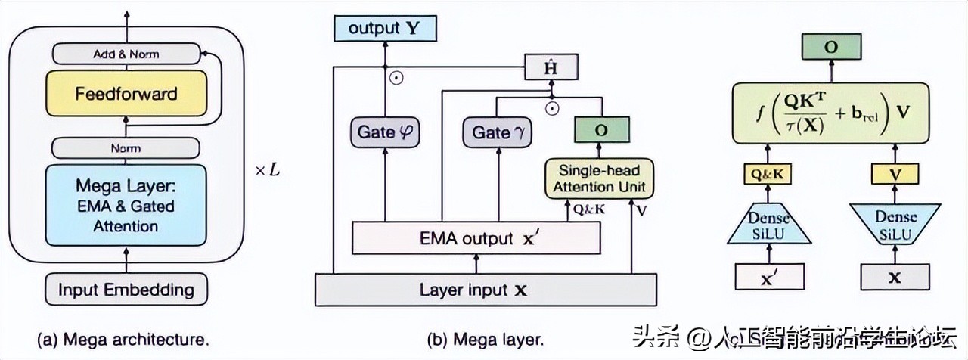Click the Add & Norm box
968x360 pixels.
point(126,54)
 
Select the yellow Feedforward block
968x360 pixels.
point(126,94)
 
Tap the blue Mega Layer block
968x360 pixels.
point(126,205)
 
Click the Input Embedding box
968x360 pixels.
point(126,289)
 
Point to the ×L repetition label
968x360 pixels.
point(266,171)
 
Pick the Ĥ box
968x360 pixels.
point(551,67)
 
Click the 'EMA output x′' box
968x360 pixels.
point(476,239)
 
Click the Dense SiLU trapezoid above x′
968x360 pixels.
point(769,223)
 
